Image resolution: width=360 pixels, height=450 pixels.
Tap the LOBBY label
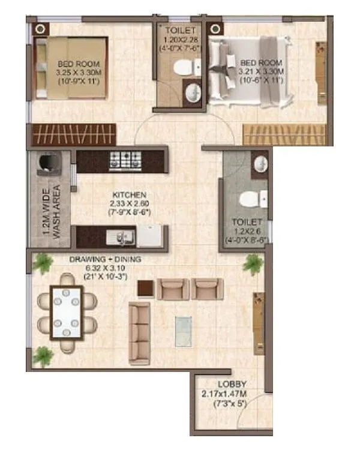pyautogui.click(x=232, y=385)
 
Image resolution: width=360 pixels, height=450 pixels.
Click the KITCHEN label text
pyautogui.click(x=129, y=195)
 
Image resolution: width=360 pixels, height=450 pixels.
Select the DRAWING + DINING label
pyautogui.click(x=96, y=260)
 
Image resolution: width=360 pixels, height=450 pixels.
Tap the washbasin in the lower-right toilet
pyautogui.click(x=260, y=165)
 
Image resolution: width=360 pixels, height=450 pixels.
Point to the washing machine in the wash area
pyautogui.click(x=49, y=163)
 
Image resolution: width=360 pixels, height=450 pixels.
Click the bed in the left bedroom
pyautogui.click(x=71, y=67)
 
